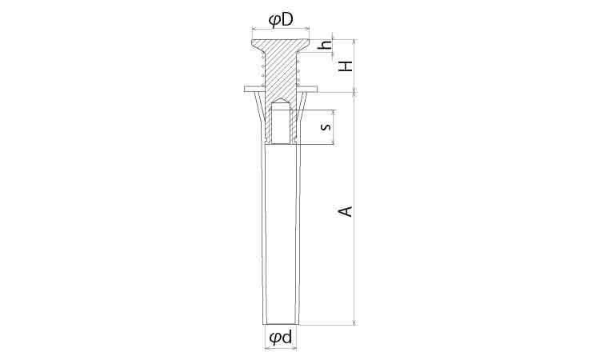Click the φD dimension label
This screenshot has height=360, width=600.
(x=281, y=19)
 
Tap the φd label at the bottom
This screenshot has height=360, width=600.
(x=281, y=337)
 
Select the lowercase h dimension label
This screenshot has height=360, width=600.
(x=326, y=45)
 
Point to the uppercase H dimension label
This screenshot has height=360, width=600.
(x=346, y=66)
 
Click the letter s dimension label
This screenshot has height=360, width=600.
(x=326, y=126)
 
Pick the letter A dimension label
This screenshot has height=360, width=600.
(x=346, y=211)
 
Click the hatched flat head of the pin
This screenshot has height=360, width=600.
(x=280, y=44)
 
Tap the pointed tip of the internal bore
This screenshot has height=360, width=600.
(x=282, y=99)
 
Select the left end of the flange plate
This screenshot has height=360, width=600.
(x=245, y=89)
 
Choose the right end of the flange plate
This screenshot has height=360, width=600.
(x=317, y=89)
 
